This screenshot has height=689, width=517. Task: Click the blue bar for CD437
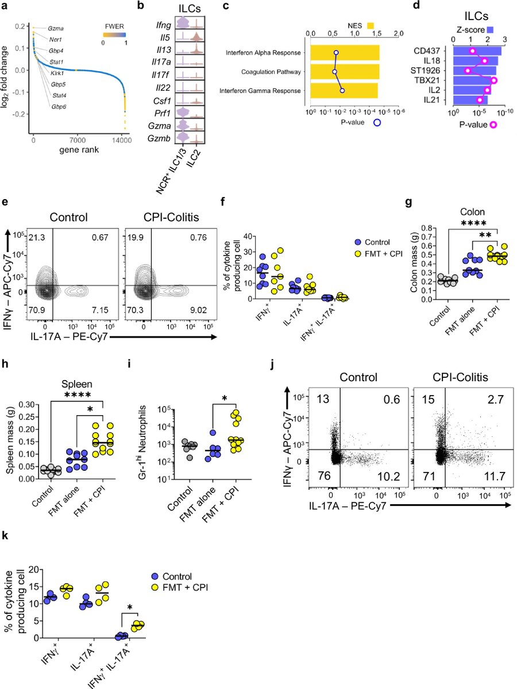click(x=477, y=51)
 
